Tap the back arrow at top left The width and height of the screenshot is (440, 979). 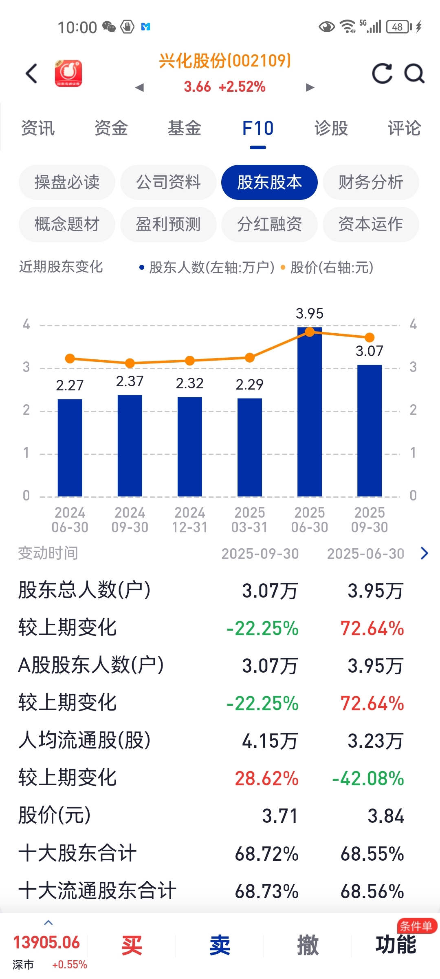(31, 73)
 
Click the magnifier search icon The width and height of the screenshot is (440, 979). (414, 73)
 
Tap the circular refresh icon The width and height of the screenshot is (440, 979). (382, 73)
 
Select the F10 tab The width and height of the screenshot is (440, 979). (257, 128)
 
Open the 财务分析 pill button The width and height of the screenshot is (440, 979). (371, 182)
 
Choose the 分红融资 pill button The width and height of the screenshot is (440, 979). (269, 224)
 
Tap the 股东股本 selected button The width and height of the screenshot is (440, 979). (269, 182)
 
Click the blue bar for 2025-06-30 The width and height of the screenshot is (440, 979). (310, 412)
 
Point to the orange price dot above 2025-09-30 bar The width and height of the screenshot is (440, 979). (370, 337)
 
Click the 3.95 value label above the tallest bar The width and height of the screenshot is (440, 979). (310, 314)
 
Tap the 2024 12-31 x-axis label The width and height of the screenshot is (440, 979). (190, 520)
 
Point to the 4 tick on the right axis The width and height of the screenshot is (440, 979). (413, 325)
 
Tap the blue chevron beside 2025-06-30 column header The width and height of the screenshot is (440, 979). (425, 553)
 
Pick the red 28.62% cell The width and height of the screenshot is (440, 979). (267, 779)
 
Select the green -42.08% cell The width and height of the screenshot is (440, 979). (368, 779)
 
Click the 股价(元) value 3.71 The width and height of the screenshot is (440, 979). (280, 816)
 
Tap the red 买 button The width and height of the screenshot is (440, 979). (132, 945)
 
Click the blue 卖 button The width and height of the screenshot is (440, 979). (220, 945)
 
